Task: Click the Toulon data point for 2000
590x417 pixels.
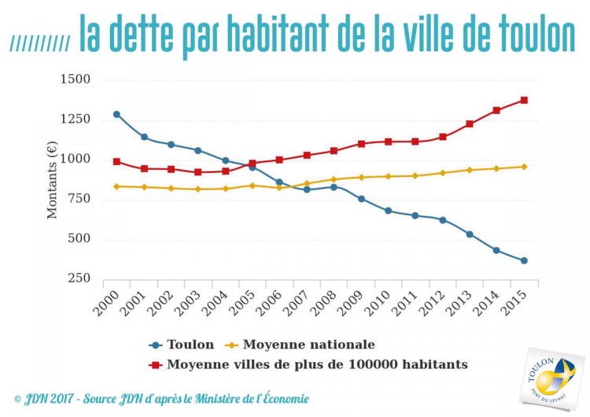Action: click(x=116, y=114)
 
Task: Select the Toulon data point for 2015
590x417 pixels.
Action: click(x=524, y=260)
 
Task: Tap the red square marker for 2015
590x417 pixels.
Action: click(x=524, y=100)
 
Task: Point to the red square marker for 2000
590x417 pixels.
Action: click(x=116, y=161)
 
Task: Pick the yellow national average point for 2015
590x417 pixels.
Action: click(x=524, y=167)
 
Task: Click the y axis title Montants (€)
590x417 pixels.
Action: click(x=53, y=179)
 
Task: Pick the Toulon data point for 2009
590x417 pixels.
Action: click(x=361, y=199)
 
